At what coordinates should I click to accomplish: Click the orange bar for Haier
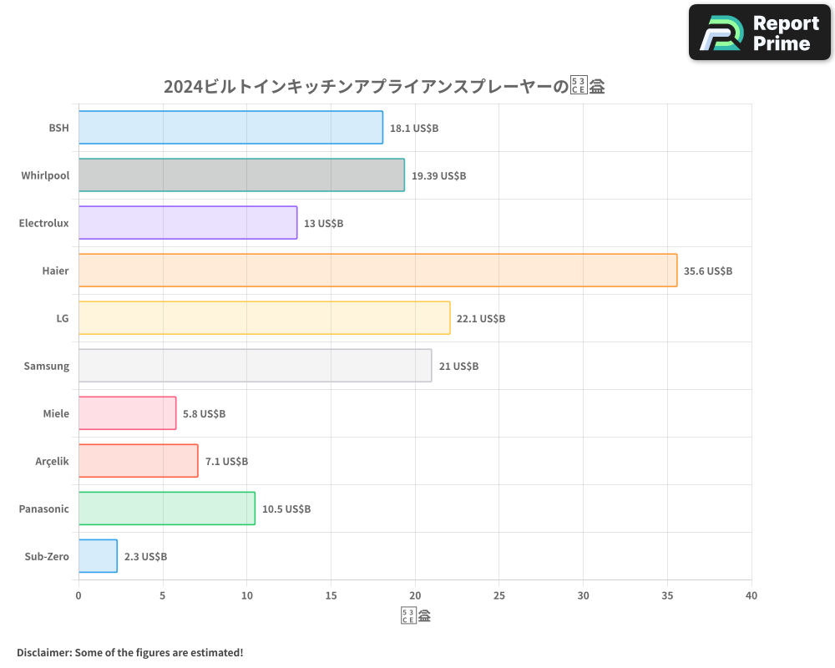point(377,271)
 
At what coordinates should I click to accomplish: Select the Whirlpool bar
point(241,175)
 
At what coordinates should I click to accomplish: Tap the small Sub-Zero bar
point(98,556)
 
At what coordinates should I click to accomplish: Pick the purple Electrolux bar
point(188,223)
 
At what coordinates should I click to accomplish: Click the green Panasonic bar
point(167,509)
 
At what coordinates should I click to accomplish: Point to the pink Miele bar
point(127,413)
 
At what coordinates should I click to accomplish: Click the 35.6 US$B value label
point(708,271)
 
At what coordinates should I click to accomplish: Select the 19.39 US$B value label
point(438,175)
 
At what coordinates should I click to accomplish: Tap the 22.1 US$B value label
point(481,318)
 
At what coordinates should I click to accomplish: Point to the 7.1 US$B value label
point(226,461)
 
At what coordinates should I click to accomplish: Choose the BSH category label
point(58,128)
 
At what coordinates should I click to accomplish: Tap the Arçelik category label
point(52,461)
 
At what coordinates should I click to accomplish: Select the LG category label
point(63,318)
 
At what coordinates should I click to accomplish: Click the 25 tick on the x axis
point(499,595)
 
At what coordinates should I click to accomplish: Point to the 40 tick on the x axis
point(751,595)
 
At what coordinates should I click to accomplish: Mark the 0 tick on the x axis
point(78,595)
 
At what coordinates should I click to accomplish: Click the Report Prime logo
point(760,33)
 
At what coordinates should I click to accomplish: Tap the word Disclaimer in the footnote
point(43,652)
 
